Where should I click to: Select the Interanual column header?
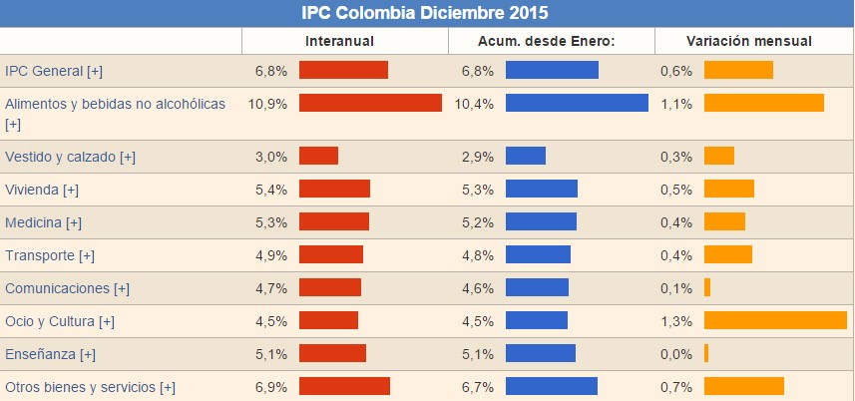[x=339, y=41]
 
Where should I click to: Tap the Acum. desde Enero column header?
[x=552, y=41]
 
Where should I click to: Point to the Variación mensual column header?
[x=748, y=41]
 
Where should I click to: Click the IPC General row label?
[x=54, y=70]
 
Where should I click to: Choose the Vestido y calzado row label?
[x=70, y=157]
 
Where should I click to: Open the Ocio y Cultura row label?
[x=60, y=321]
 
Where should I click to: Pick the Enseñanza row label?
[x=50, y=354]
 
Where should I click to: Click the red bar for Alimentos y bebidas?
[x=370, y=103]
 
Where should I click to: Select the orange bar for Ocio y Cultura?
[x=775, y=320]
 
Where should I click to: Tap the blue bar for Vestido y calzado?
[x=526, y=156]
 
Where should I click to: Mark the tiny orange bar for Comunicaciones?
[x=707, y=287]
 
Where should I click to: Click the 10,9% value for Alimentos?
[x=267, y=104]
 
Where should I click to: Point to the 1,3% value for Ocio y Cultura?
[x=675, y=321]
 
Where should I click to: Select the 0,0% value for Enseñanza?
[x=675, y=354]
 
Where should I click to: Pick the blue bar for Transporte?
[x=538, y=254]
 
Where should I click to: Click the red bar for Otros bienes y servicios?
[x=344, y=386]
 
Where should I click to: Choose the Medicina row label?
[x=43, y=222]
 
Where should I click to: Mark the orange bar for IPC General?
[x=738, y=70]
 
